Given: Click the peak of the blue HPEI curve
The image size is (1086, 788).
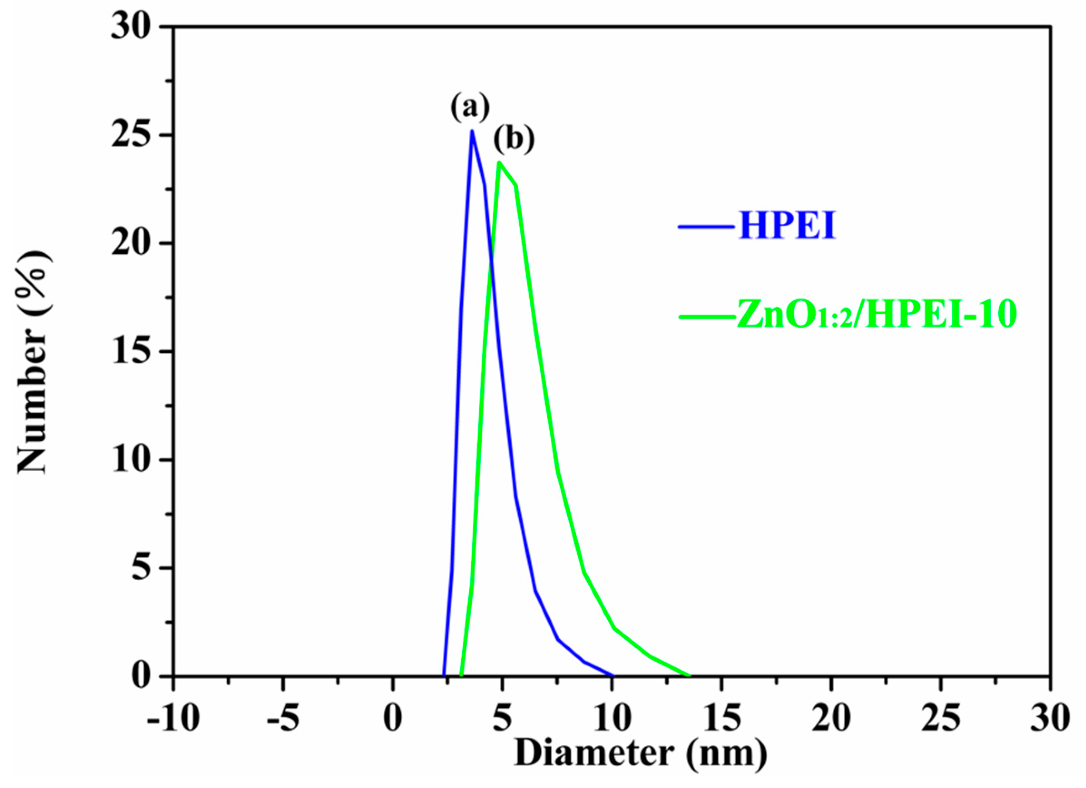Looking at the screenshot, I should [472, 131].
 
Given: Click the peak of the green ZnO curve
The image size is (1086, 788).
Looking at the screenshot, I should [499, 163].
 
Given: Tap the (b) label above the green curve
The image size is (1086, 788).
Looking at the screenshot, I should [514, 140].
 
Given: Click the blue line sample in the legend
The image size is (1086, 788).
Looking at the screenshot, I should [707, 226].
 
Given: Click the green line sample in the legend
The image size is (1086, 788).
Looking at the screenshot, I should [707, 316].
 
